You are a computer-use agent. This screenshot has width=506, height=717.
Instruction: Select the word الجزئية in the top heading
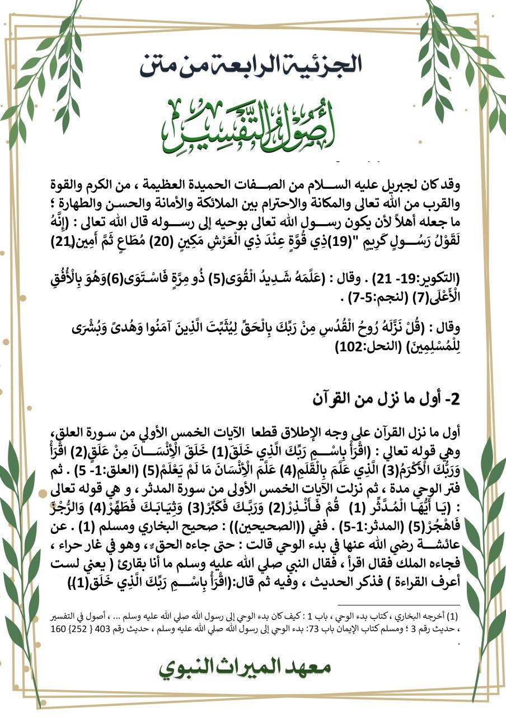(328, 64)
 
